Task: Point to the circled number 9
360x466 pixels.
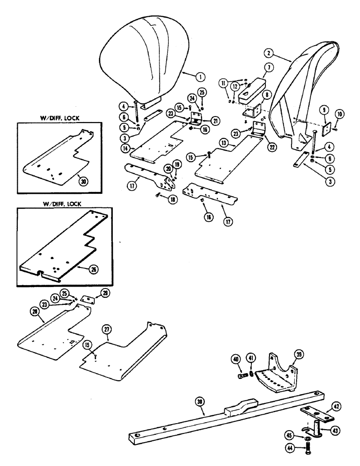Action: tap(322, 110)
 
